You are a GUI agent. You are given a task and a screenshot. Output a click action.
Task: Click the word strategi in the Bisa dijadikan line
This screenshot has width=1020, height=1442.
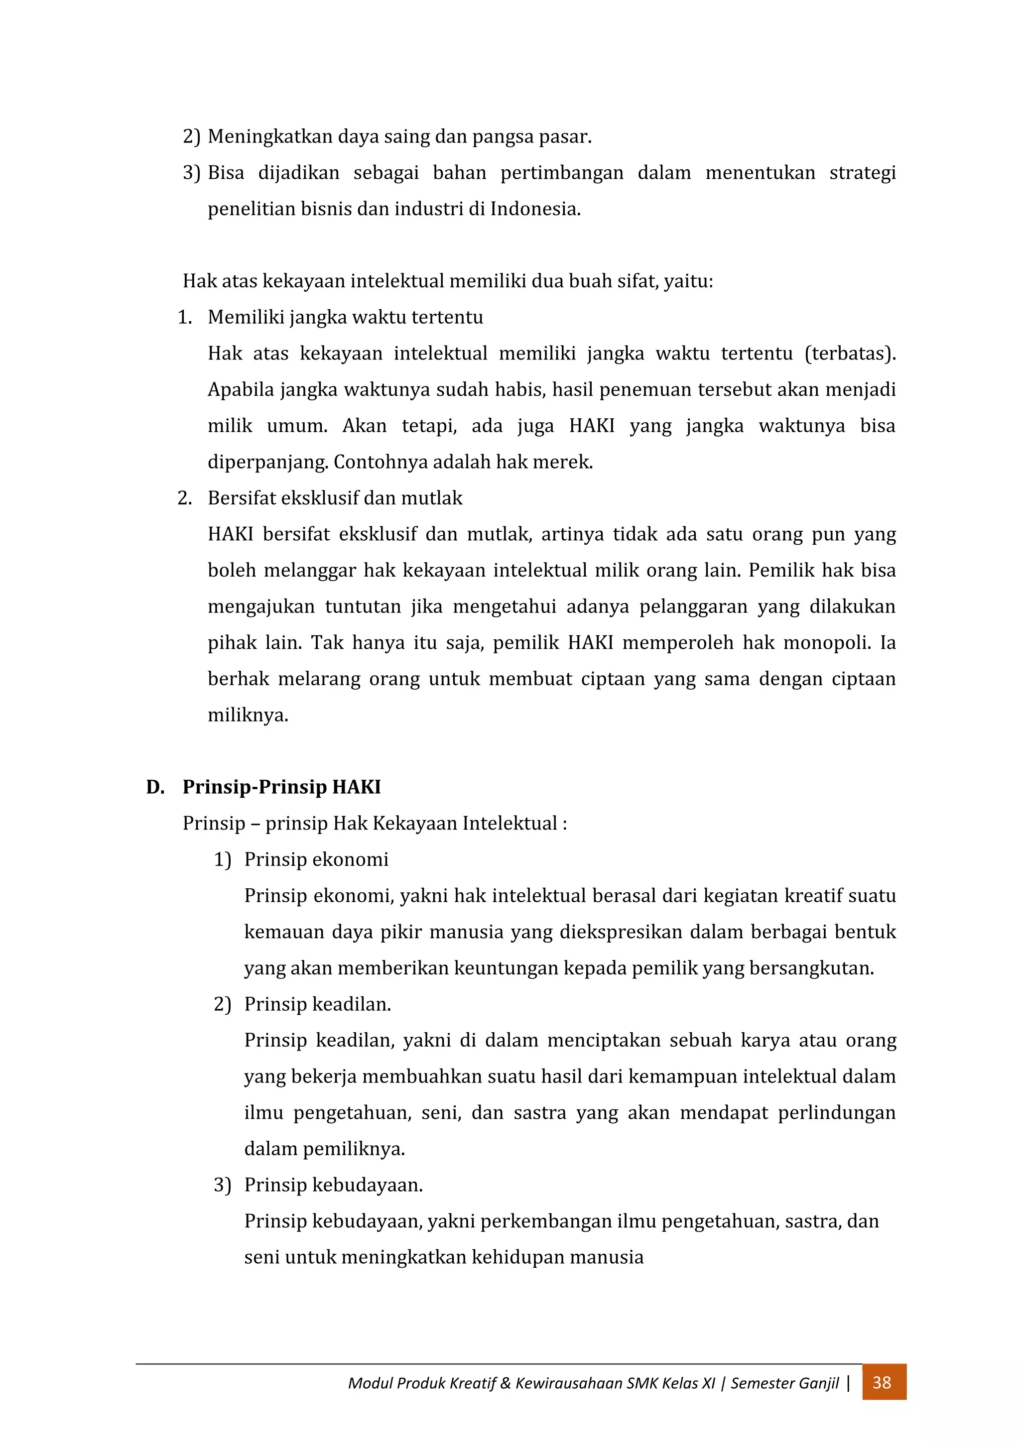[x=862, y=173]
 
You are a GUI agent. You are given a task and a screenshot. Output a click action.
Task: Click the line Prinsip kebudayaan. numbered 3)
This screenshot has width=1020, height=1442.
[x=333, y=1185]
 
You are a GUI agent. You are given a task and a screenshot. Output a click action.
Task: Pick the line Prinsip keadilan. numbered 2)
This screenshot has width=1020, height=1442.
[x=317, y=1004]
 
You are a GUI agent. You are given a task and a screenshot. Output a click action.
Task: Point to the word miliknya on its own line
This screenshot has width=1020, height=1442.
[x=248, y=716]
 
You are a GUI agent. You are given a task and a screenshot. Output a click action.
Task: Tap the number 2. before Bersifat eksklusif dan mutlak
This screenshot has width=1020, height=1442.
[x=185, y=498]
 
